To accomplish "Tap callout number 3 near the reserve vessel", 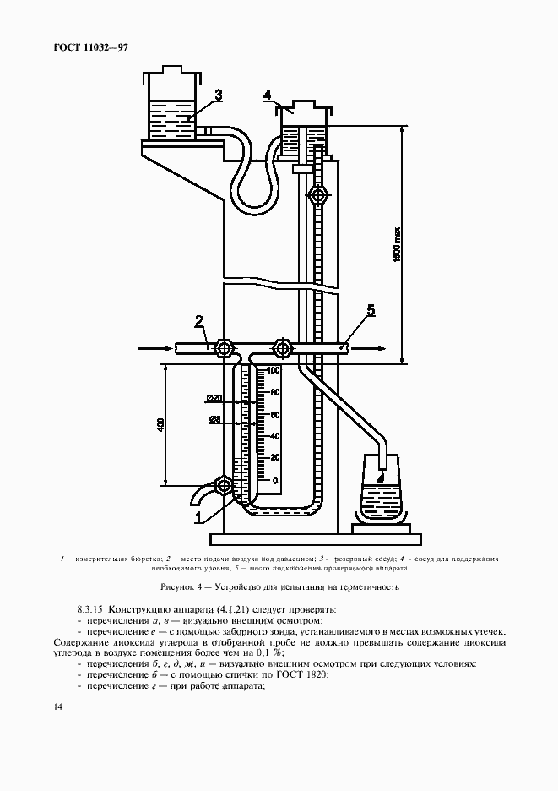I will coord(218,95).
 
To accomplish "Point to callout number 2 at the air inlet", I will coord(199,321).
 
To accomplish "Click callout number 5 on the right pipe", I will coord(371,310).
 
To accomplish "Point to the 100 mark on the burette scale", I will coord(273,371).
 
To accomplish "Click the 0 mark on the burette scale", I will coord(273,481).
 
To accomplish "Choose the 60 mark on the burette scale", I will coord(273,415).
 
